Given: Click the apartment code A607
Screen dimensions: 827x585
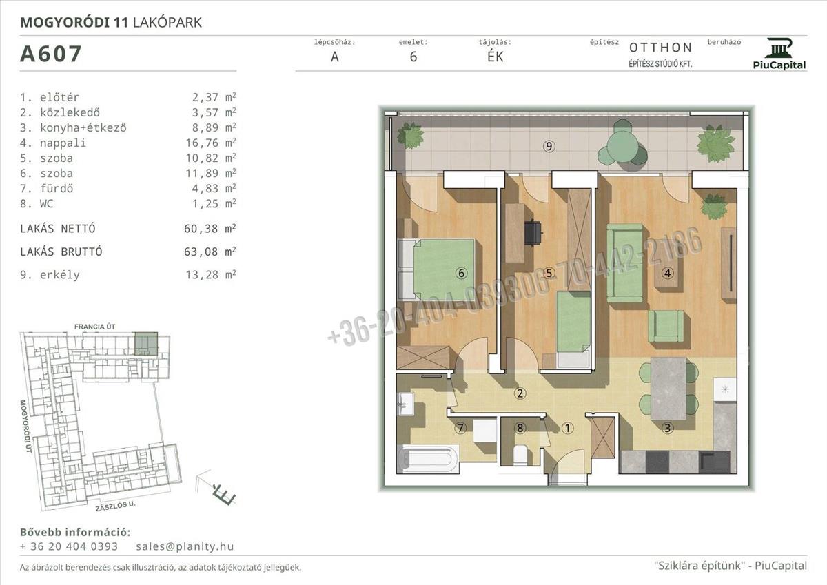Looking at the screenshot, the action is [x=50, y=54].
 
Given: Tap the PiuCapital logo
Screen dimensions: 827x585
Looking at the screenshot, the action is [x=779, y=54].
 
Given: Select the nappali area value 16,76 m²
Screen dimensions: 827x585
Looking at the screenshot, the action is [x=210, y=143].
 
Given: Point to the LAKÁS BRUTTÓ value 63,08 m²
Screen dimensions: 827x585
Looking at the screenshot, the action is [x=210, y=252].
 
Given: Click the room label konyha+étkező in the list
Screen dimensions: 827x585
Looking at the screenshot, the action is [x=83, y=127].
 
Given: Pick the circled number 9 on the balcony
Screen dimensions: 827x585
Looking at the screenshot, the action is [x=549, y=147].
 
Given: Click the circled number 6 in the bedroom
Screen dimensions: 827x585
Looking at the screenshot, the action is [x=461, y=273].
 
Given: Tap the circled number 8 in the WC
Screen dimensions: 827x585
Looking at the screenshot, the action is [x=520, y=428].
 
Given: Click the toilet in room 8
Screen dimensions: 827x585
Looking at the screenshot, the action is [x=520, y=455].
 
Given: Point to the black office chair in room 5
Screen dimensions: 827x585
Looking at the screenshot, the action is [x=533, y=232].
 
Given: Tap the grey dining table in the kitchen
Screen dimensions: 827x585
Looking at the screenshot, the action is [x=668, y=389].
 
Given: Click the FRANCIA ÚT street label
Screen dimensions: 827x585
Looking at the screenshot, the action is [x=95, y=327].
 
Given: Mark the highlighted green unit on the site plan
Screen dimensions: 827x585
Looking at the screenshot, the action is [x=146, y=344].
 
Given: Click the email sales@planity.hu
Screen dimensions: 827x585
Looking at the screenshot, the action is [x=185, y=546].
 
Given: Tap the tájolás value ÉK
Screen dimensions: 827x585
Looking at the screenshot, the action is [x=495, y=57].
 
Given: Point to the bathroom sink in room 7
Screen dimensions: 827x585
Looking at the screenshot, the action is [x=406, y=404].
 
